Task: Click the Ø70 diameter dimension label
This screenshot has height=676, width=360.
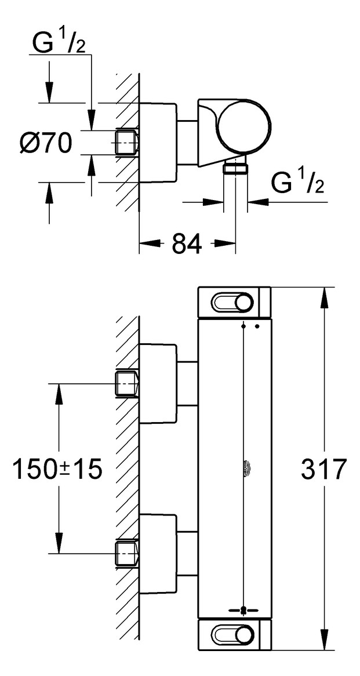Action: (x=45, y=143)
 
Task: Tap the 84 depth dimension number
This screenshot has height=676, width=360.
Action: (x=186, y=244)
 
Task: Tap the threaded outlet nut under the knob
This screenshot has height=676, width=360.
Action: (x=236, y=169)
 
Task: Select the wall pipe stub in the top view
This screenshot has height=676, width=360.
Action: (x=127, y=143)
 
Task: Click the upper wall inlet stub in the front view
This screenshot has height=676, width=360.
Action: (x=127, y=383)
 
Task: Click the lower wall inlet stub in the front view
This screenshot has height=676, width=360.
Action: (x=127, y=553)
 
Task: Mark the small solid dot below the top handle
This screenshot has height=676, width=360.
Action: (x=257, y=327)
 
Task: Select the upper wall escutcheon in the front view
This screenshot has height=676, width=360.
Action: (x=157, y=383)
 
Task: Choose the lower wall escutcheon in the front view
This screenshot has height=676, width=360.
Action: (x=157, y=553)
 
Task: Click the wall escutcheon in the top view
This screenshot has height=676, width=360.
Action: (x=157, y=143)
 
